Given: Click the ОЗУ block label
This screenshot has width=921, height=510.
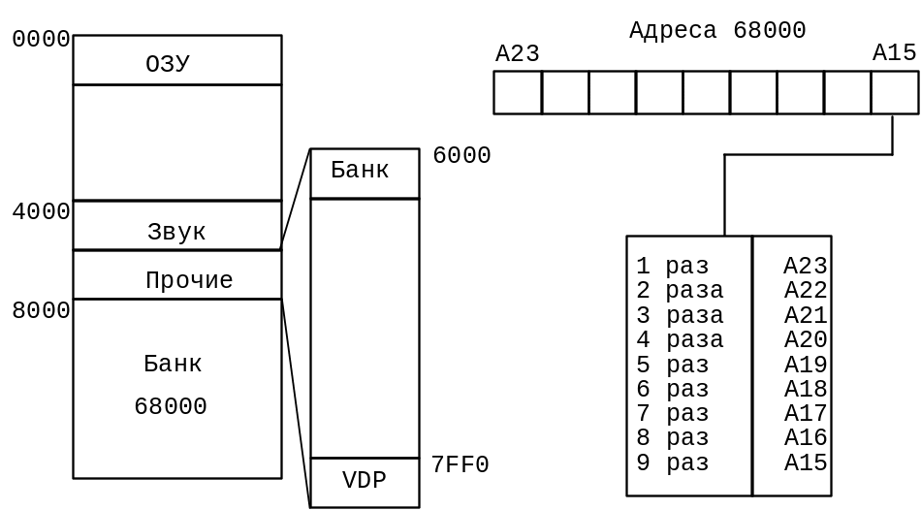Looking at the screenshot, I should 168,64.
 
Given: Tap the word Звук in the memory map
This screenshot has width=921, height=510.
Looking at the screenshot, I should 176,232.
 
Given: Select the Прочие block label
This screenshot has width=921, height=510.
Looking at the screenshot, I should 189,281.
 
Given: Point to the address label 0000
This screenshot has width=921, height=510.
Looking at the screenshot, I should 42,40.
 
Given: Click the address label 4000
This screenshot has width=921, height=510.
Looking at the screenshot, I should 42,211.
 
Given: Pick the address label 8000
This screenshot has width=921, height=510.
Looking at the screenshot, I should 42,311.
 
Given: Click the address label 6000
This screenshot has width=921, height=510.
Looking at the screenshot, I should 461,156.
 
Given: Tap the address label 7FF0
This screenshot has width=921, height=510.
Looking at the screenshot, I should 460,465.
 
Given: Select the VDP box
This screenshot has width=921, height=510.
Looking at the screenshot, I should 365,482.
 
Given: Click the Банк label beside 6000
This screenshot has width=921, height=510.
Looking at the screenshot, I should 360,171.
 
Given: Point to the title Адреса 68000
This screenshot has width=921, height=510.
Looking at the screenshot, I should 717,30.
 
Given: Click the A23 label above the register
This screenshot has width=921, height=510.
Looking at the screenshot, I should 517,53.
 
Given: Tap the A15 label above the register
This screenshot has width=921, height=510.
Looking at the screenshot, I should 894,52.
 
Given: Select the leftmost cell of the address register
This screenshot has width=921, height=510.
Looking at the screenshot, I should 518,93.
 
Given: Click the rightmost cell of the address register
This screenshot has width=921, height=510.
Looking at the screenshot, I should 895,93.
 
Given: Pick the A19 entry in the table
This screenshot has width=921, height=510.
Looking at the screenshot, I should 805,365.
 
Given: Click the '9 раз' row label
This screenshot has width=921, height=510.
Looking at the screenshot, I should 672,462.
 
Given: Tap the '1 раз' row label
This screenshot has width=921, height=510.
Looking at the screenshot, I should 672,266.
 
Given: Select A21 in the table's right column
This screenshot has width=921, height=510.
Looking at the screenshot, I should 805,315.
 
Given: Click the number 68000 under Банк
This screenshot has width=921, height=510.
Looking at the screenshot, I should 171,406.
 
